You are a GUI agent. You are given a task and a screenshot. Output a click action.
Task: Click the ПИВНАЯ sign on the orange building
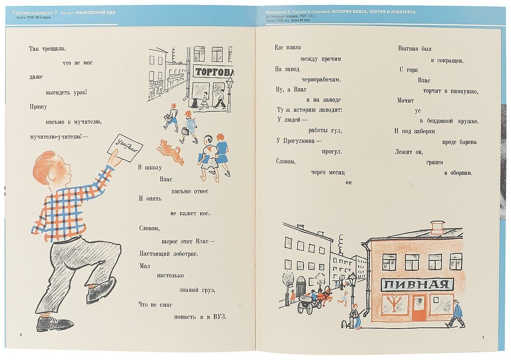[x=417, y=285]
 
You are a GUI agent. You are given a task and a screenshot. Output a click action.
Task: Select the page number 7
[x=483, y=337]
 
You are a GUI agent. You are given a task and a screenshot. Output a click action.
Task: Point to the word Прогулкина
[x=297, y=141]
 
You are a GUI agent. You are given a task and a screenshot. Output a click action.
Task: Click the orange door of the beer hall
[x=418, y=308]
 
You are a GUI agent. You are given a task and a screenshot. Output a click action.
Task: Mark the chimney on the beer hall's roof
[x=437, y=227]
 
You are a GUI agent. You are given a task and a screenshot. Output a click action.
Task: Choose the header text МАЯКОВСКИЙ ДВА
[x=96, y=12]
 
